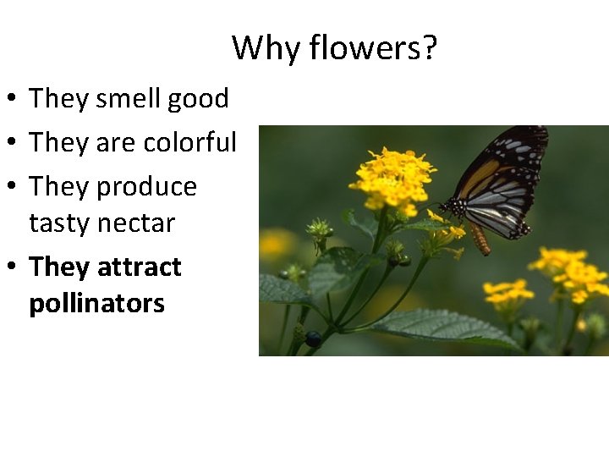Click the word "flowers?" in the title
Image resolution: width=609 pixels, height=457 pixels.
click(x=373, y=48)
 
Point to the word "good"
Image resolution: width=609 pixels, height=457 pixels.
click(x=198, y=99)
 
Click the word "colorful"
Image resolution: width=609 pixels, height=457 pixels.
click(x=190, y=143)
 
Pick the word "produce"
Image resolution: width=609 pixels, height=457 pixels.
click(x=147, y=187)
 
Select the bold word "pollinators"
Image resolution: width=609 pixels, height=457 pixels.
click(x=96, y=304)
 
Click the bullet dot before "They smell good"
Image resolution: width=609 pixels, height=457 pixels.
click(x=14, y=100)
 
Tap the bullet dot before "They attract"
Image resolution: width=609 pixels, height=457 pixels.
click(x=14, y=268)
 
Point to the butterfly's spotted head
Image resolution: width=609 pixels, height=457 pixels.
click(x=449, y=206)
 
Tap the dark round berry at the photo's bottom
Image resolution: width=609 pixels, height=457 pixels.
click(x=313, y=339)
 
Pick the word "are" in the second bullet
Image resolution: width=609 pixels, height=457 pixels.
click(x=110, y=143)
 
